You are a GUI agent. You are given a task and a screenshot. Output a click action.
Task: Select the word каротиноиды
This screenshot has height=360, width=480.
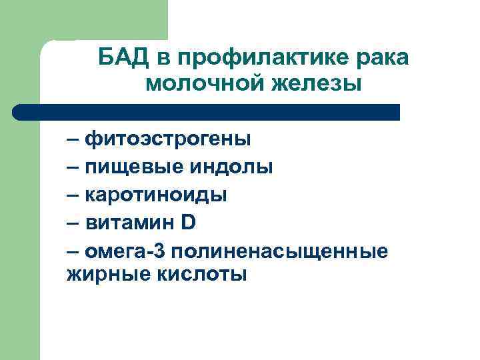pos(156,195)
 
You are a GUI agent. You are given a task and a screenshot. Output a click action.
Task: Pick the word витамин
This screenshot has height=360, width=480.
pos(129,222)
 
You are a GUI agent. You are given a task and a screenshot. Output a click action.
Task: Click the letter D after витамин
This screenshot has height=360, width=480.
pos(189,221)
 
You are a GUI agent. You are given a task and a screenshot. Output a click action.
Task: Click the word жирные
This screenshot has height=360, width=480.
pos(101,273)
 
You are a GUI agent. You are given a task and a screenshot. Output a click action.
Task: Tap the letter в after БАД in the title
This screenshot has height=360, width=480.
pos(163,59)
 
